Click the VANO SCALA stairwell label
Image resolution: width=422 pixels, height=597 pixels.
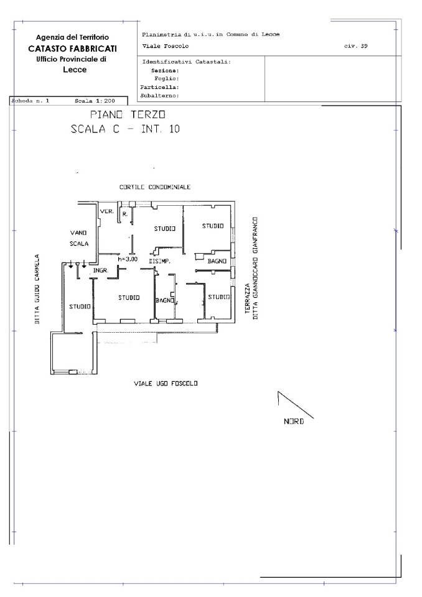click(79, 238)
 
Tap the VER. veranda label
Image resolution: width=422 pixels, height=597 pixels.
click(106, 211)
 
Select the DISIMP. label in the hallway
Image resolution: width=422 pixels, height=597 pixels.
click(159, 261)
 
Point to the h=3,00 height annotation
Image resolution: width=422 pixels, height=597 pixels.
click(128, 259)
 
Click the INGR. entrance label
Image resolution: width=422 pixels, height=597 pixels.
click(101, 271)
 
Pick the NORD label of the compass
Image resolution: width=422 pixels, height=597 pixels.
click(294, 422)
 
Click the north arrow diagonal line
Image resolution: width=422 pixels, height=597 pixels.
click(296, 405)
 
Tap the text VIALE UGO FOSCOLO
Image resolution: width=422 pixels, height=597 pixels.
click(166, 384)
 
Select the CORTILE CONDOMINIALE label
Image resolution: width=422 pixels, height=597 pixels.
click(155, 187)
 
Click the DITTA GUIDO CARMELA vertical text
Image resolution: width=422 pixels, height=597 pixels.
click(37, 289)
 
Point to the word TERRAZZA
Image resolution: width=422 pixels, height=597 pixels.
click(247, 298)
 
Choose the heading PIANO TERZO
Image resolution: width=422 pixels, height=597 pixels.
click(128, 114)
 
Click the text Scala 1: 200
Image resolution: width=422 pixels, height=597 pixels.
click(95, 101)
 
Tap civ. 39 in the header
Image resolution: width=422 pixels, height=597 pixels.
click(355, 46)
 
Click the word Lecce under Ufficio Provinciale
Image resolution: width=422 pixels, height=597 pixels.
click(75, 70)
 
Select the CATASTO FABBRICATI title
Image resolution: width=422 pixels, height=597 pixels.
click(72, 49)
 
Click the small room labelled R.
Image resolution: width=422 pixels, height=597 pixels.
click(125, 214)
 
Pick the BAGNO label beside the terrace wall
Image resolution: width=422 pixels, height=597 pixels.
click(217, 261)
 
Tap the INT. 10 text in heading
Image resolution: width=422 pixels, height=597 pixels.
click(160, 129)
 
